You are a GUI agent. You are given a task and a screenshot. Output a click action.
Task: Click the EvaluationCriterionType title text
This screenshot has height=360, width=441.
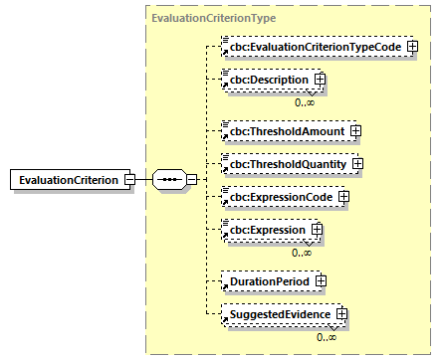coord(213,18)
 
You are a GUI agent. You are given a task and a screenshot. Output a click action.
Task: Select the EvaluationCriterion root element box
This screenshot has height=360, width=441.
coord(65,179)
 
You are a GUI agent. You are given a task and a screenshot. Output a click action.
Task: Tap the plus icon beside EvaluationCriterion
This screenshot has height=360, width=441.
coord(129,179)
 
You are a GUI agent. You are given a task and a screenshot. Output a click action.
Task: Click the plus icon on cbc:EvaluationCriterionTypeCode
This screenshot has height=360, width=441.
coord(412,47)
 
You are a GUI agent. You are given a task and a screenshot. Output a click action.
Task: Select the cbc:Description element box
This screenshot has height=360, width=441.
coord(265,79)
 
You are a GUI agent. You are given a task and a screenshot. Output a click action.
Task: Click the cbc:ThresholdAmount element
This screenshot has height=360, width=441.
coord(282,130)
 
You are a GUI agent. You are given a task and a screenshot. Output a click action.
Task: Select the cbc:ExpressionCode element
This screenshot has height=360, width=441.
coord(278,197)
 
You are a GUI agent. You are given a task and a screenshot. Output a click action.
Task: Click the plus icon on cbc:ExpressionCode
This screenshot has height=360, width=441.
coord(344,197)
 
